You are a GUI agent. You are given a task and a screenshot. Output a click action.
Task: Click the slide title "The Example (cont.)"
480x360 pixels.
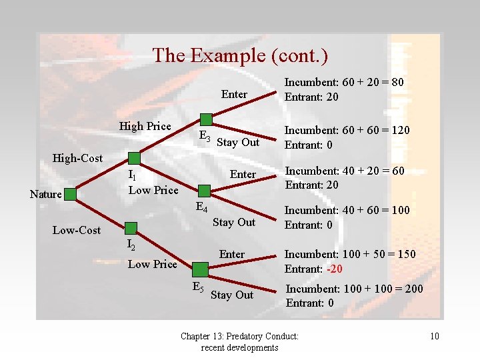pos(240,55)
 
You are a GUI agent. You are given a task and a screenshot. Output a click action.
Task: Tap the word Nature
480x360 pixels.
pos(46,195)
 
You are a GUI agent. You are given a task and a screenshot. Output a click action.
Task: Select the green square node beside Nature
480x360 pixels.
pos(72,195)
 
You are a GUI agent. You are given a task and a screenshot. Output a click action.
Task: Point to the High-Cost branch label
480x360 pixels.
pos(77,158)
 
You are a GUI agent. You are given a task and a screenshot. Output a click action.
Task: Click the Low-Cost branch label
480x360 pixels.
pos(77,231)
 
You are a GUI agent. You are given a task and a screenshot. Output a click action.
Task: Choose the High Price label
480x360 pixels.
pos(145,126)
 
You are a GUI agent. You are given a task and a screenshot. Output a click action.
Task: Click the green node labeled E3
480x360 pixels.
pos(206,120)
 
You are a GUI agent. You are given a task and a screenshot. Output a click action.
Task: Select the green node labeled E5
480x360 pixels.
pos(199,269)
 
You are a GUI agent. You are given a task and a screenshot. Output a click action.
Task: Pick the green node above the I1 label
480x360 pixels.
pos(134,158)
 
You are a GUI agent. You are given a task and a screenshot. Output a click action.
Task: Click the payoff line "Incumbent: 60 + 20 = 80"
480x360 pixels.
pos(344,83)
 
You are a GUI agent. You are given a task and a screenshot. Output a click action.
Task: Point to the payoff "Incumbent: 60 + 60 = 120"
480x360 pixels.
pos(347,131)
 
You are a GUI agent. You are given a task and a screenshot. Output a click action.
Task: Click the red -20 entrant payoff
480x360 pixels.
pos(334,269)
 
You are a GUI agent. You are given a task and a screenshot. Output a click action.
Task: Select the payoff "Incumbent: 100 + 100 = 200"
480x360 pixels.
pos(354,289)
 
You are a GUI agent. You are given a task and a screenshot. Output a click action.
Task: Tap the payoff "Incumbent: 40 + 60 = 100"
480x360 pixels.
pos(347,211)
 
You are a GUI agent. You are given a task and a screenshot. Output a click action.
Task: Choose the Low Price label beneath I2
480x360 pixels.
pos(152,264)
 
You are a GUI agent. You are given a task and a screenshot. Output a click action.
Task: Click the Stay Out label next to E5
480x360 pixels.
pos(231,295)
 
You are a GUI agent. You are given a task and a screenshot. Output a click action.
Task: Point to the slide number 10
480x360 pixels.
pos(434,336)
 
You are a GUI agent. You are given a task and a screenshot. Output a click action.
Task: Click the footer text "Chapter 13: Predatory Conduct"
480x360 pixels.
pos(239,337)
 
